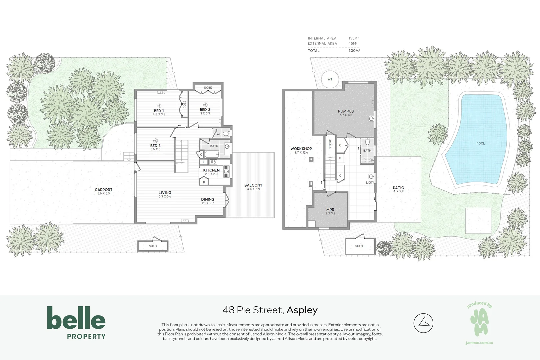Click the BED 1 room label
159,111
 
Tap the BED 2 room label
205,110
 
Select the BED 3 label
155,146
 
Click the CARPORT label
103,190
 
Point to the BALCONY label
253,185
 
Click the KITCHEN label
211,170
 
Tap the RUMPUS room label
346,111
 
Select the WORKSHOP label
301,149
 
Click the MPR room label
330,210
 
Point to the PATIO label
398,188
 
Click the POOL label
480,143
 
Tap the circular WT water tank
330,79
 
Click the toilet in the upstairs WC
226,134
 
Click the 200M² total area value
354,51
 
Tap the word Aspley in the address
302,310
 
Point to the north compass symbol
423,323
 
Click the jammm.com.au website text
479,343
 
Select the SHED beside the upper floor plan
153,246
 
